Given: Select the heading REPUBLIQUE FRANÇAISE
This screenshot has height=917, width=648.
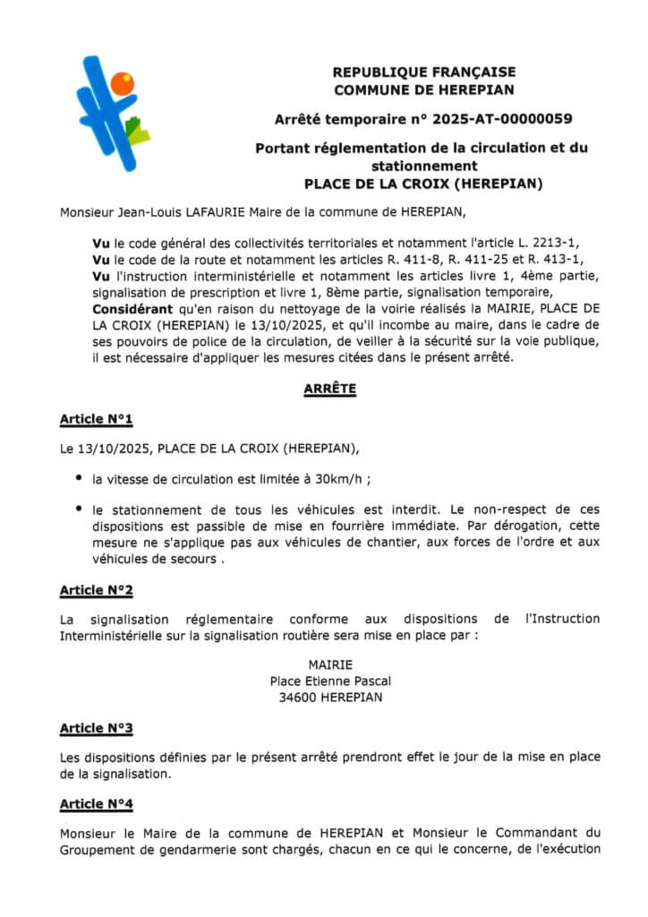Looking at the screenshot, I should (423, 73).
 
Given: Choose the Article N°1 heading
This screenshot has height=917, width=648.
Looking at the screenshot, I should (96, 419).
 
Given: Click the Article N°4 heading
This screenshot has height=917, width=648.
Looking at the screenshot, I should (96, 804).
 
